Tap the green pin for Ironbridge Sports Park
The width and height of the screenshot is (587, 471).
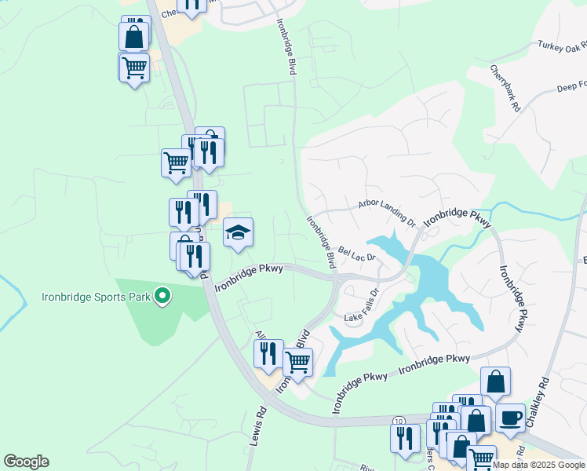tap(162, 297)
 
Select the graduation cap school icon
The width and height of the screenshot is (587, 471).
tap(239, 233)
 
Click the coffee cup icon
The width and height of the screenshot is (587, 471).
tap(510, 418)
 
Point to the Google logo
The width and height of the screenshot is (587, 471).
tap(26, 462)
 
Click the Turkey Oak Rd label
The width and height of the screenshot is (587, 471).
tap(562, 47)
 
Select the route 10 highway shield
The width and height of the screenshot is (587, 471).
tap(399, 422)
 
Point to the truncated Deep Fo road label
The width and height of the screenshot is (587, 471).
tap(571, 85)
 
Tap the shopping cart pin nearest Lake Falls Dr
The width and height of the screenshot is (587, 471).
tap(297, 363)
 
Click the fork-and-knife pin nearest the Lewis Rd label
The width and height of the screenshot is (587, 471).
tap(268, 354)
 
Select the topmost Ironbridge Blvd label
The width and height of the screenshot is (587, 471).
tap(286, 47)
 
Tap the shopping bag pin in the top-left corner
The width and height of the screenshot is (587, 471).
tap(133, 36)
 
